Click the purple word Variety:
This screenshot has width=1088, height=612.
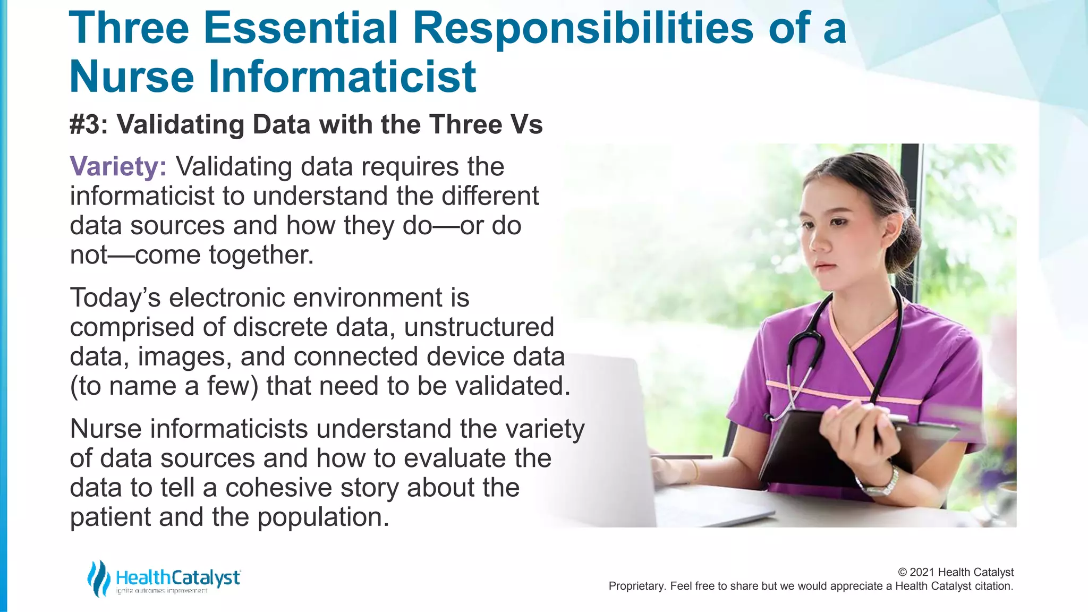[x=118, y=167]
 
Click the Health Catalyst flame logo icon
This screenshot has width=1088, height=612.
[x=98, y=578]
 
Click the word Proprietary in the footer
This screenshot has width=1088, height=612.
[x=636, y=586]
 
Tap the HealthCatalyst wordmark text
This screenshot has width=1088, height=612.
[x=177, y=577]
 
